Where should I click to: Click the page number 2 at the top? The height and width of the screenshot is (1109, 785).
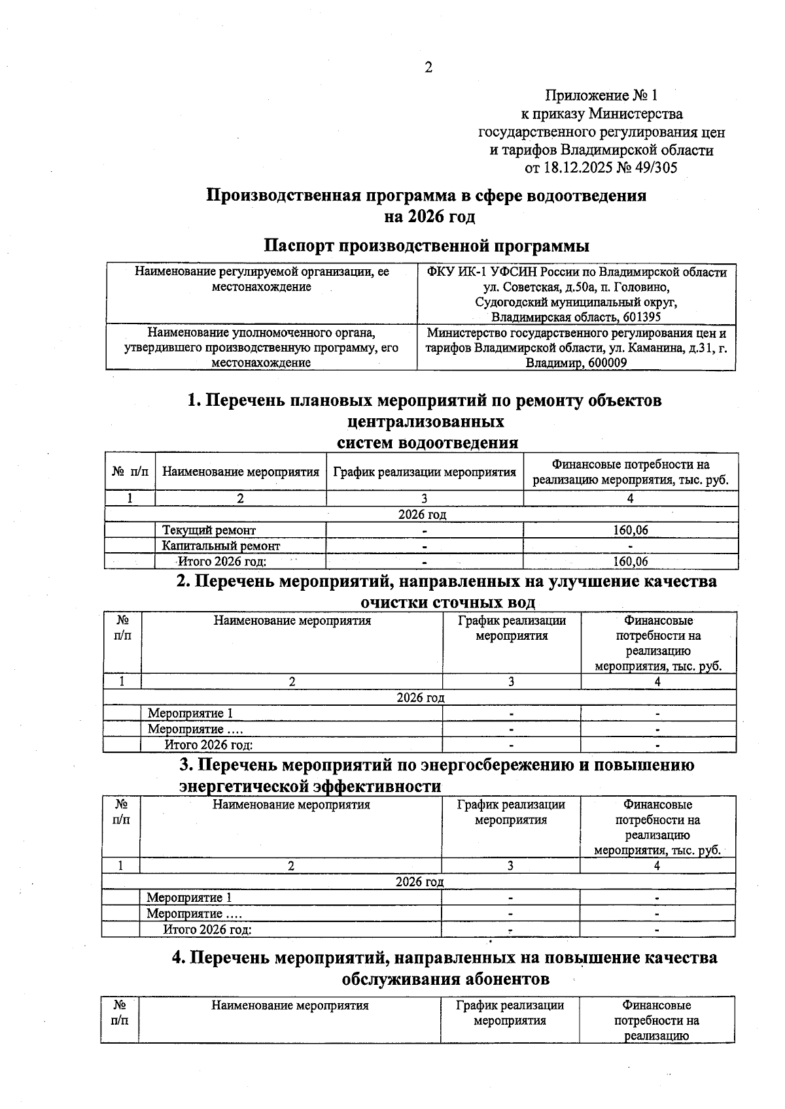point(428,67)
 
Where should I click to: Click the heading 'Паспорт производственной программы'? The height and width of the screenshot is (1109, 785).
point(427,246)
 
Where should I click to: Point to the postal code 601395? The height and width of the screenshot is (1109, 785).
point(641,317)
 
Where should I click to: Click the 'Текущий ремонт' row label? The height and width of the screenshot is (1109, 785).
point(209,530)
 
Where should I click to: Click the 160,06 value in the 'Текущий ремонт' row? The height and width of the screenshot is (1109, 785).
point(630,530)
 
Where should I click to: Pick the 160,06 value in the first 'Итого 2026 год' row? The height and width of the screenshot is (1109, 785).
point(630,561)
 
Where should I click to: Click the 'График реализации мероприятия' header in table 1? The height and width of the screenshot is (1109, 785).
point(425,472)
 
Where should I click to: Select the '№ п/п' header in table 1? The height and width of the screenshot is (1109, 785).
point(130,472)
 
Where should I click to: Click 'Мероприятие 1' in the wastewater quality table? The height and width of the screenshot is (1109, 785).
point(190,713)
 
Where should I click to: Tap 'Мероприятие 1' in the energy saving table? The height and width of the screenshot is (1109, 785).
point(188,898)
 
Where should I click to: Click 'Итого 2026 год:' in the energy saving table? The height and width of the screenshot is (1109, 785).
point(207,929)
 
